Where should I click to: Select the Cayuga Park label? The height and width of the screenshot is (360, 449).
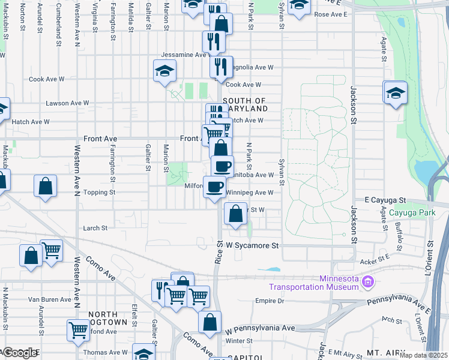tap(412, 213)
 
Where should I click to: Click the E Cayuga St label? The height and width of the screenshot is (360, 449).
tap(385, 199)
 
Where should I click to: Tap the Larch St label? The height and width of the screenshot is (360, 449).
tap(95, 228)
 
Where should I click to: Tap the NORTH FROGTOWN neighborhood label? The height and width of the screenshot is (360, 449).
tap(108, 318)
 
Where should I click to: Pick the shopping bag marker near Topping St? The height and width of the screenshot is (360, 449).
tap(46, 187)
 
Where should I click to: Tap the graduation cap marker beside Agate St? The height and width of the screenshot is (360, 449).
tap(395, 93)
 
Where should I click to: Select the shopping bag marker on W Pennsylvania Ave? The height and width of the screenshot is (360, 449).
tap(209, 323)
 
